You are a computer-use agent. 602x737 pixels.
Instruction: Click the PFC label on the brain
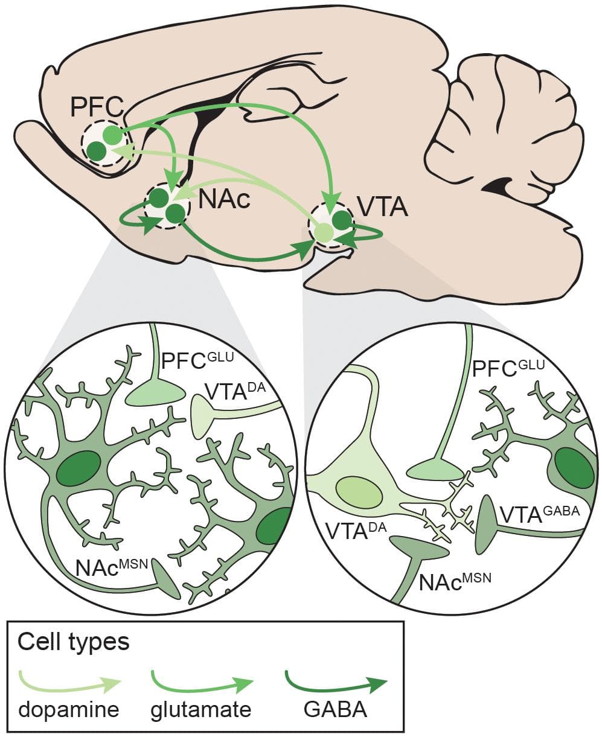click(97, 107)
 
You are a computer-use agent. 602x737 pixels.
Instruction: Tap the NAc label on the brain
click(223, 199)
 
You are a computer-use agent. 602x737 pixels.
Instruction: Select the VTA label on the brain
click(382, 207)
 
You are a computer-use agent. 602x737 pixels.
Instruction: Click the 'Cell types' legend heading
click(73, 642)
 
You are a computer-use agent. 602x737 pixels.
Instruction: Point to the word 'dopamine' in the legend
click(68, 709)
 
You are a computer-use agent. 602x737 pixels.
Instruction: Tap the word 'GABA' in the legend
click(335, 709)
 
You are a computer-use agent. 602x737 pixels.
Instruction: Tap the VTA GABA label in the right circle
click(539, 514)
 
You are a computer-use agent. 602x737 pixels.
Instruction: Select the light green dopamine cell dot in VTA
click(324, 232)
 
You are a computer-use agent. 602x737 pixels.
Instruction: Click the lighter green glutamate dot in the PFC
click(112, 133)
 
